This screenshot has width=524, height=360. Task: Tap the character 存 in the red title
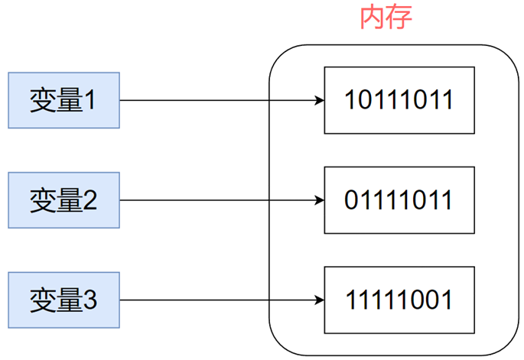pos(399,17)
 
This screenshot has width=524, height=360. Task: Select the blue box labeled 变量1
pos(63,100)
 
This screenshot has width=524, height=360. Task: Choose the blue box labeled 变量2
pos(63,201)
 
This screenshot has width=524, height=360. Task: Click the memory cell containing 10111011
pos(399,100)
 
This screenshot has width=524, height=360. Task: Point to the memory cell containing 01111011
pos(399,200)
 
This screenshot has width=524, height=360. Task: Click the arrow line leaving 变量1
pos(214,100)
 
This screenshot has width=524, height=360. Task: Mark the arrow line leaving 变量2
pos(214,201)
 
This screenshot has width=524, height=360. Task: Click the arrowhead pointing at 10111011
pos(319,100)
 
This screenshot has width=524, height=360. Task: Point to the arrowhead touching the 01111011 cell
pos(319,201)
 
